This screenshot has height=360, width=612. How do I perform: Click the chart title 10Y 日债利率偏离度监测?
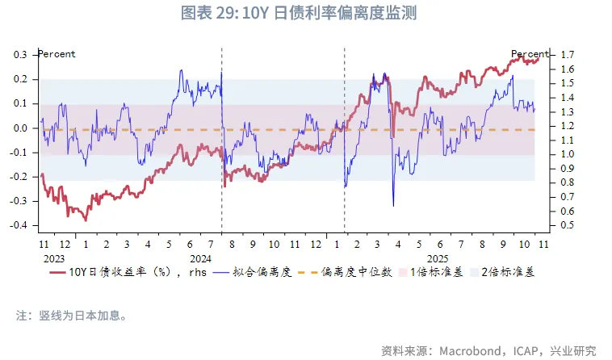click(305, 14)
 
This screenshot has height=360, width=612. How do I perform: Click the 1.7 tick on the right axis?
click(567, 55)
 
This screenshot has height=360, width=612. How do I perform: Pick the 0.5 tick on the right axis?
click(567, 225)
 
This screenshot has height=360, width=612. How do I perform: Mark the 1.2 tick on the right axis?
click(567, 126)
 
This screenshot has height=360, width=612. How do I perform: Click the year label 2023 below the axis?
click(54, 257)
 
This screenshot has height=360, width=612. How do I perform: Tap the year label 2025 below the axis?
click(438, 257)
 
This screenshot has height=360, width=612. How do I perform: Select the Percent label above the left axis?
click(57, 54)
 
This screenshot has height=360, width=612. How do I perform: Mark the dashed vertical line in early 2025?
click(345, 161)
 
